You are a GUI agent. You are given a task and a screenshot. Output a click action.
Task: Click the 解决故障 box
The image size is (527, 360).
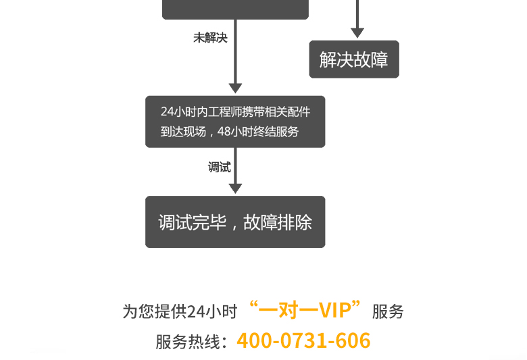(354, 59)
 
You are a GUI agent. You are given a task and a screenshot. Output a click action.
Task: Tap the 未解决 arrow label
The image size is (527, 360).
(210, 38)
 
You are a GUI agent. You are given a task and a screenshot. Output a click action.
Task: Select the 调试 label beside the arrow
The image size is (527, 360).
(219, 168)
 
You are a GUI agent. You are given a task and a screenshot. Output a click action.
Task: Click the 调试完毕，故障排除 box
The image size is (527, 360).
(235, 222)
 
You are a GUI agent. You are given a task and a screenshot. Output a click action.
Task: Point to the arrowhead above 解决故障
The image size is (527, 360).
(357, 32)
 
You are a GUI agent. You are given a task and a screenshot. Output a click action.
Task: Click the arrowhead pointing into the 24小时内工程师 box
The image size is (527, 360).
(235, 88)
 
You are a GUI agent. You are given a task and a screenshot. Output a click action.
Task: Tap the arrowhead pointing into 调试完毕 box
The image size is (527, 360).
(235, 188)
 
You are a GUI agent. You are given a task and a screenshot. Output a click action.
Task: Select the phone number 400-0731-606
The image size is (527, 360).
(303, 340)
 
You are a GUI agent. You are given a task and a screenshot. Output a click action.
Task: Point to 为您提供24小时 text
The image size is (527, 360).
(180, 311)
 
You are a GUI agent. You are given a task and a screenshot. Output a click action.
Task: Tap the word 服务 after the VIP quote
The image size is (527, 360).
(388, 311)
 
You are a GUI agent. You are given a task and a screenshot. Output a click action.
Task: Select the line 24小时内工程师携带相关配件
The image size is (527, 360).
(235, 111)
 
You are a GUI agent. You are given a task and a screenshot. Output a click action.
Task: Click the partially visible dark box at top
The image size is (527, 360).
(235, 9)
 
